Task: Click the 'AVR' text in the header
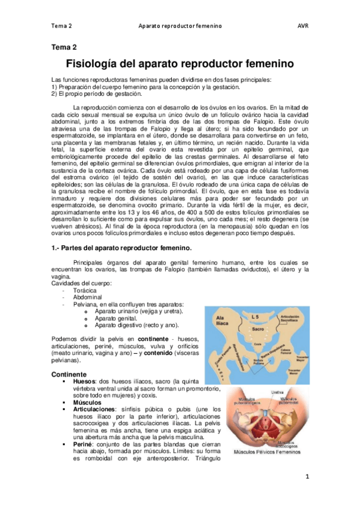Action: point(302,26)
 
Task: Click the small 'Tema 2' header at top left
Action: point(62,26)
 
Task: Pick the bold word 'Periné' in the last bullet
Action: point(83,444)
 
